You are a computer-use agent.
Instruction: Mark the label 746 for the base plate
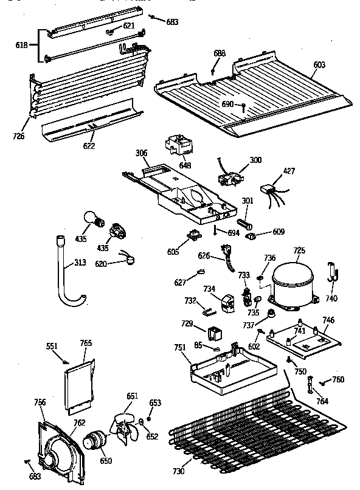click(x=328, y=319)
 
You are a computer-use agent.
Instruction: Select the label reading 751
click(x=179, y=347)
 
